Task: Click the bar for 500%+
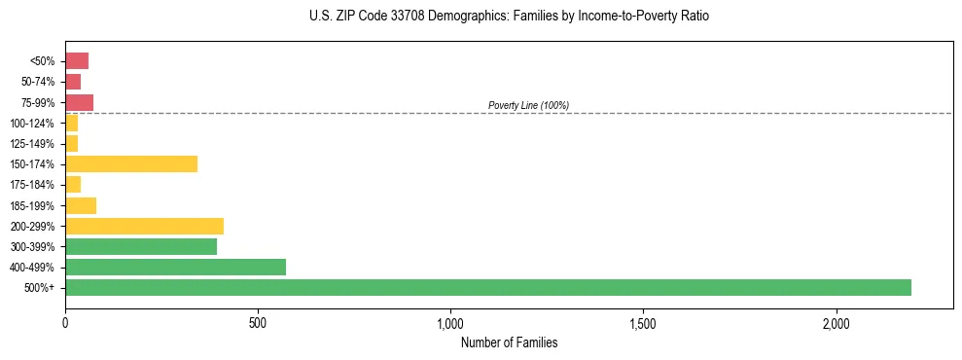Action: click(x=488, y=287)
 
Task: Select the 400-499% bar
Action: click(x=175, y=267)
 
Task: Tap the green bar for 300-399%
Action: click(x=141, y=246)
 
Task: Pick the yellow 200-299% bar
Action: click(x=144, y=226)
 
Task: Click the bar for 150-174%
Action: click(x=131, y=163)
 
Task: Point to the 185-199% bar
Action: click(x=81, y=205)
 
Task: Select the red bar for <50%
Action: click(x=77, y=60)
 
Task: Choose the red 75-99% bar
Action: click(x=79, y=102)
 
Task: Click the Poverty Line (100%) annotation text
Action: click(x=528, y=105)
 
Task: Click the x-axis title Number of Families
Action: click(x=509, y=342)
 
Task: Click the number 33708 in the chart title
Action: click(x=392, y=17)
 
